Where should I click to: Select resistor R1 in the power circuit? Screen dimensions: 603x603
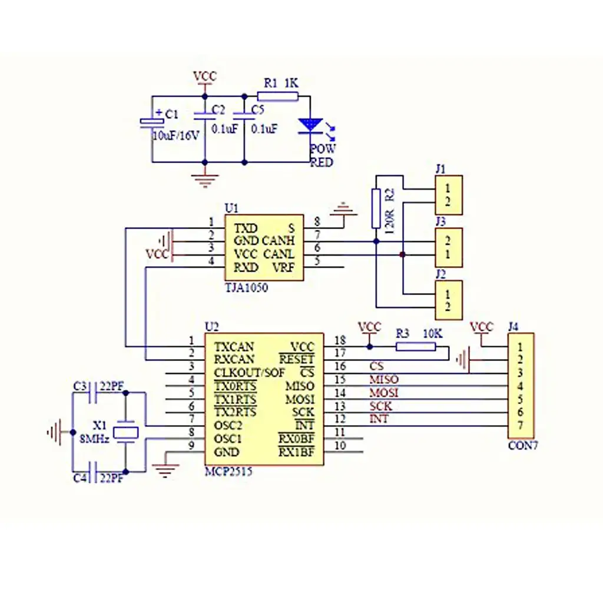pos(278,96)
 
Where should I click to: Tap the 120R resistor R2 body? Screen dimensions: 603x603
pos(376,208)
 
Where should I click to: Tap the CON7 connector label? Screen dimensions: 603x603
pos(523,446)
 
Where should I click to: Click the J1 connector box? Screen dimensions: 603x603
pos(448,196)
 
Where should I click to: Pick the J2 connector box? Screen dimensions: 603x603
pos(448,300)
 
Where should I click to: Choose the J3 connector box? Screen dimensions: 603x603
pos(448,247)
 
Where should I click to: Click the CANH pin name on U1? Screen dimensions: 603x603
pos(278,241)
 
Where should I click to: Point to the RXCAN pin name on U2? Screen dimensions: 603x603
pos(234,359)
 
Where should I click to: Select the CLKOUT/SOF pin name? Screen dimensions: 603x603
pos(249,373)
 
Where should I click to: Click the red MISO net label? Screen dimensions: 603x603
pos(383,379)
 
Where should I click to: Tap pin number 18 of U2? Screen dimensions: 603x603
pos(340,340)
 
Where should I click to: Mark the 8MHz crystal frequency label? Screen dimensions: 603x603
pos(94,439)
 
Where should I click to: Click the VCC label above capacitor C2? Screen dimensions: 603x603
pos(205,77)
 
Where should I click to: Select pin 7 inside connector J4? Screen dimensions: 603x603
pos(520,425)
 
